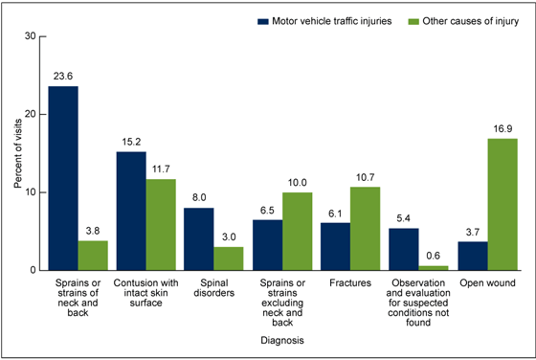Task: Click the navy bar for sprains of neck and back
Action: click(x=64, y=178)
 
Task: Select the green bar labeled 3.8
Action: click(x=93, y=255)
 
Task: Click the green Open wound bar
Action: click(x=502, y=204)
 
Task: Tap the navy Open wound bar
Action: click(x=473, y=256)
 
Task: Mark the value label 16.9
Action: click(x=502, y=130)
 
